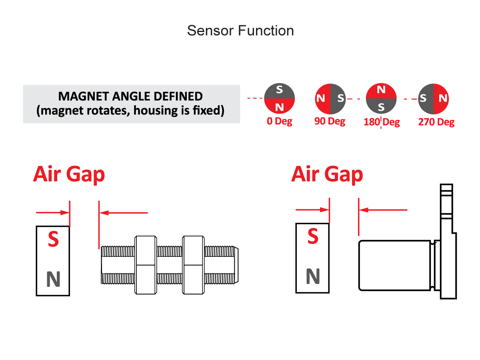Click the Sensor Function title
[x=240, y=31]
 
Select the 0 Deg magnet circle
[x=280, y=99]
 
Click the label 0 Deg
[x=280, y=121]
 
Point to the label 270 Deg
[x=436, y=122]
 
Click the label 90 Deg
[x=330, y=121]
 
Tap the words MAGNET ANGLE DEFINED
[x=130, y=96]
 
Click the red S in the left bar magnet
[x=53, y=239]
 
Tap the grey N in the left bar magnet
[x=53, y=279]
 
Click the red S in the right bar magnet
[x=313, y=237]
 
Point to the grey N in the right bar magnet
[x=313, y=276]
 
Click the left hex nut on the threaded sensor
[x=146, y=265]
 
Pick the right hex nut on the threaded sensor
[x=193, y=265]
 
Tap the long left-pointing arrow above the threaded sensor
[x=124, y=213]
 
